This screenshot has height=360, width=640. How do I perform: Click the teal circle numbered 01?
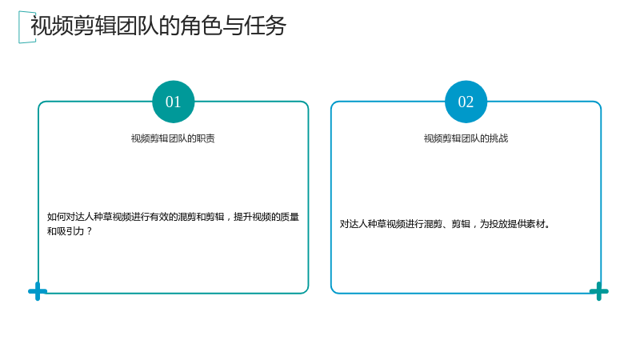click(x=173, y=102)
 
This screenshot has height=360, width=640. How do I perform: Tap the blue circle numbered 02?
click(x=466, y=102)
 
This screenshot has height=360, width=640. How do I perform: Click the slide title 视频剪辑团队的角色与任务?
click(x=158, y=26)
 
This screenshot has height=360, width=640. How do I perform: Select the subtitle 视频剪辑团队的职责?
click(x=173, y=138)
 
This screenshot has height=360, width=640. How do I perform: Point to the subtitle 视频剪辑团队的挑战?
click(x=466, y=138)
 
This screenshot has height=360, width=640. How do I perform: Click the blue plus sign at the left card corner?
click(x=38, y=291)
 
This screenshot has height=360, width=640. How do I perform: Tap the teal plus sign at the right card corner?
click(x=598, y=291)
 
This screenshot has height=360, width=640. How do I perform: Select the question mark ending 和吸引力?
click(x=90, y=231)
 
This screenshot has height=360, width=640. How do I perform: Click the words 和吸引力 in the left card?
click(x=66, y=231)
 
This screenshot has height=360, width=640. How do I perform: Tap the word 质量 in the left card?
click(x=290, y=217)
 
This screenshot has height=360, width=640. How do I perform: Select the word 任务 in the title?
click(x=265, y=26)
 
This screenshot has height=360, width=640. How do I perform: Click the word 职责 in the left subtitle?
click(x=206, y=138)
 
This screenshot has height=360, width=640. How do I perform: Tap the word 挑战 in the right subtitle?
click(x=498, y=138)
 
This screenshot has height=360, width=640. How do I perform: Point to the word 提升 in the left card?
click(x=243, y=217)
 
